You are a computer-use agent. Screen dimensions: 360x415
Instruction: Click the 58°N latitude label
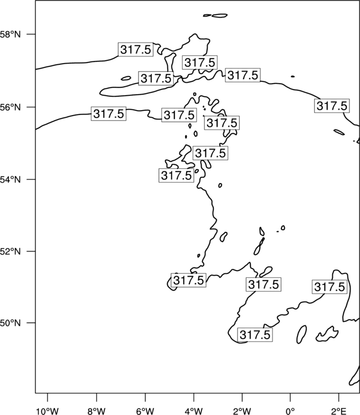[x=10, y=34]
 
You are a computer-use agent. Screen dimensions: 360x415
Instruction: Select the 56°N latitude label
[x=10, y=107]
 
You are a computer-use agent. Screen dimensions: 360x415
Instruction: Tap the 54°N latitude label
[x=10, y=179]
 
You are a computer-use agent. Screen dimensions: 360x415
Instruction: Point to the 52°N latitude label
[x=10, y=251]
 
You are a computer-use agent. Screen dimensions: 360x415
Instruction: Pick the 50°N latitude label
[x=10, y=323]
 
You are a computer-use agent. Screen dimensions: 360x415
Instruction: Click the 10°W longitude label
[x=48, y=411]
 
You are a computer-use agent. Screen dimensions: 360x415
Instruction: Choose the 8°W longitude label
[x=96, y=411]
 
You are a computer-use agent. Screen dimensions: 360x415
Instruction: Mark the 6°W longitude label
[x=145, y=411]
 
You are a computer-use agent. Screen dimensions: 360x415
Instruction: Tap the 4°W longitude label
[x=194, y=411]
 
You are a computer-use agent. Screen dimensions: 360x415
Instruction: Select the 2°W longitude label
[x=242, y=411]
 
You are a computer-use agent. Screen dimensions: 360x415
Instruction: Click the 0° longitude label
[x=290, y=411]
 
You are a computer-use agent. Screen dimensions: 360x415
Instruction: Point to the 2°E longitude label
[x=339, y=411]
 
